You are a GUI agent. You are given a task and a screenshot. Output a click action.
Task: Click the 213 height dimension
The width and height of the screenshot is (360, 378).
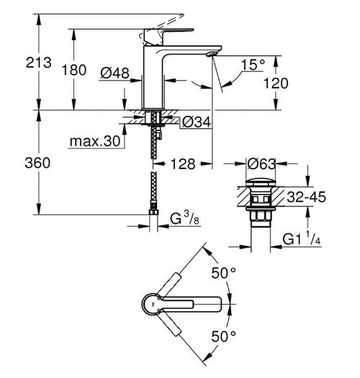point(39,63)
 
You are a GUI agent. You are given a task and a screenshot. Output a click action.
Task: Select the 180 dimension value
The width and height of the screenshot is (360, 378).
point(74,70)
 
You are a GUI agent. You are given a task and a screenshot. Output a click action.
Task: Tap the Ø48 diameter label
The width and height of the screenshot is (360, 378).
point(114,73)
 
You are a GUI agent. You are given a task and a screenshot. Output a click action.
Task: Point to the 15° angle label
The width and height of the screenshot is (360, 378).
point(253,65)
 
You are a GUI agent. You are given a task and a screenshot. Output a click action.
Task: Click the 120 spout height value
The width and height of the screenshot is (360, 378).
point(276,84)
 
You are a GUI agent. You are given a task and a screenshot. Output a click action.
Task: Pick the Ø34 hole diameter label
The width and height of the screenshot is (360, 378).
point(197,122)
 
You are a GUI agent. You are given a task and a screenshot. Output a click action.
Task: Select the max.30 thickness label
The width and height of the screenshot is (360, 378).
point(95,141)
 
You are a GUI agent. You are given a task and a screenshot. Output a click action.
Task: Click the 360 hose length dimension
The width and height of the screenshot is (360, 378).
point(37,163)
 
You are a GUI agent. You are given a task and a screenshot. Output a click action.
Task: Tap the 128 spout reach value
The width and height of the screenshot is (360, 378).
point(183,164)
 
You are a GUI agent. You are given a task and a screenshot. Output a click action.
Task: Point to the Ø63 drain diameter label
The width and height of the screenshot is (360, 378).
point(261,164)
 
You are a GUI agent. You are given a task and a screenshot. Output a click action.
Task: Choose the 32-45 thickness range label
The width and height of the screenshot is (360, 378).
point(306,197)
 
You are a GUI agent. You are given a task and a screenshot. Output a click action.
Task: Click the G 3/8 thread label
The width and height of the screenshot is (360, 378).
point(185,218)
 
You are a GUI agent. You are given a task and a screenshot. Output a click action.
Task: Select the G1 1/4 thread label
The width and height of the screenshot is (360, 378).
point(302,238)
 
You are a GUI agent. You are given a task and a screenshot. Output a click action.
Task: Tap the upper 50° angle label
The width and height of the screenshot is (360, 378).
point(223,273)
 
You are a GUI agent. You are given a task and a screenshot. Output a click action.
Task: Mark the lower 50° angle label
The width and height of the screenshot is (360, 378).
point(223,336)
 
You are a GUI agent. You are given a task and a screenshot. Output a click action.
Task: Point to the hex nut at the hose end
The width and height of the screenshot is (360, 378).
point(153,212)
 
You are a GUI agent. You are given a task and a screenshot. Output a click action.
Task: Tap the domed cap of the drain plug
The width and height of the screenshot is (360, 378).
point(261,182)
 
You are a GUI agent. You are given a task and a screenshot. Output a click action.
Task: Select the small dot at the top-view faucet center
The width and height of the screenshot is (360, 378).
point(153,306)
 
